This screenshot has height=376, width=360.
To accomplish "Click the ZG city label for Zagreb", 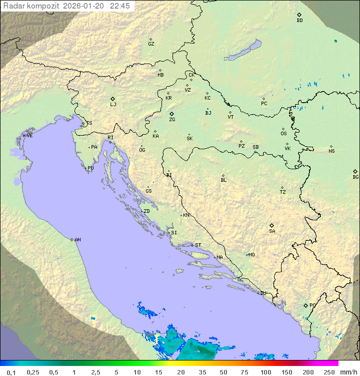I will [x=172, y=120].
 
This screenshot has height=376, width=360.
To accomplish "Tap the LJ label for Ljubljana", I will [x=113, y=105].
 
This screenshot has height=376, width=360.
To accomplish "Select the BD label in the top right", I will [x=299, y=21].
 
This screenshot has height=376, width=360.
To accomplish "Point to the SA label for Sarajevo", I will [x=272, y=231].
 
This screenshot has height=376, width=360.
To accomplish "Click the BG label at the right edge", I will [x=355, y=177].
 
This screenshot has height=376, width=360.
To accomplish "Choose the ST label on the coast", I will [x=198, y=245].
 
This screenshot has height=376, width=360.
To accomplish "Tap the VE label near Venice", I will [x=29, y=136].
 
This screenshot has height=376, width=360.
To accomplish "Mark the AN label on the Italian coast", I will [x=77, y=240].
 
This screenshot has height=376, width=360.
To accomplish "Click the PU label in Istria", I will [x=90, y=168].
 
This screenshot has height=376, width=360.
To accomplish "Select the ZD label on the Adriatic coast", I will [x=146, y=211].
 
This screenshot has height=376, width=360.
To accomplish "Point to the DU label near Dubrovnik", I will [x=263, y=293].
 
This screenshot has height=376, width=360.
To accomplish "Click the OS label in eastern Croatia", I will [x=283, y=134].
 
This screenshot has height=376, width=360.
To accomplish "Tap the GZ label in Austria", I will [x=151, y=44].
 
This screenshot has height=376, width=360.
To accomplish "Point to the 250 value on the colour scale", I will [x=328, y=372].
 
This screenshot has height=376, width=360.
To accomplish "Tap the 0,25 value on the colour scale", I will [x=33, y=372].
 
